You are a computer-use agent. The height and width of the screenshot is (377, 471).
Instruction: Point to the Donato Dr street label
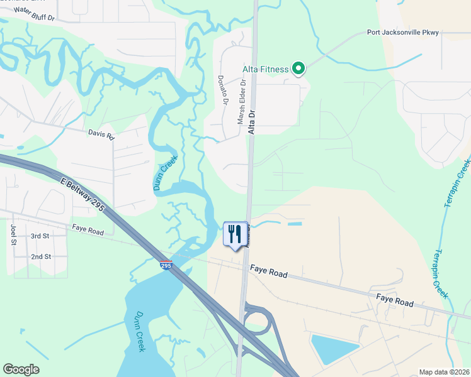222,90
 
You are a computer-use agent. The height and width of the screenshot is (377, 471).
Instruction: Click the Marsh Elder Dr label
242,101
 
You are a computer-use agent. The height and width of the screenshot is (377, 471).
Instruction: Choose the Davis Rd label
101,134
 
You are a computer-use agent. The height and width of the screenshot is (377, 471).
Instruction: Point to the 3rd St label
40,236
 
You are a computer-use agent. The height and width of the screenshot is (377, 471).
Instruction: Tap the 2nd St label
41,256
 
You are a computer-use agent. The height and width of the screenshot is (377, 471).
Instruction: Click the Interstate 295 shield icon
166,265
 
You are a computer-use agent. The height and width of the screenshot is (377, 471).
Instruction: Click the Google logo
21,369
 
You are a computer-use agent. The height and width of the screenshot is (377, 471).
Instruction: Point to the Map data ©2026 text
443,372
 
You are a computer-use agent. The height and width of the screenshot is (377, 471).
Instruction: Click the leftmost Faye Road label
88,231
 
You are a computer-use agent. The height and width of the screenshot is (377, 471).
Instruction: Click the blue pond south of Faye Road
334,349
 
